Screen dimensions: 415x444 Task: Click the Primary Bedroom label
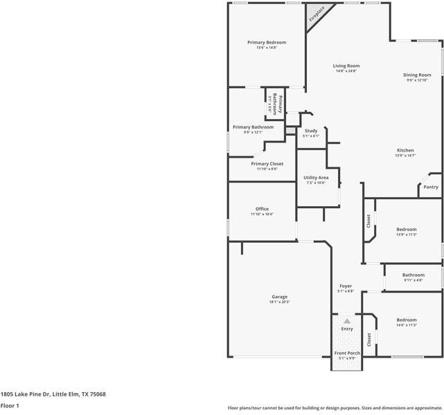[267, 42]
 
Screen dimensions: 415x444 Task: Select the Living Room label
[346, 66]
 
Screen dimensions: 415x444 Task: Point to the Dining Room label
[417, 75]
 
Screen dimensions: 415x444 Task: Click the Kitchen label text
[405, 150]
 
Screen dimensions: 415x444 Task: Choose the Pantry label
[431, 187]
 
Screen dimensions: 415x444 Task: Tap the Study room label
[311, 131]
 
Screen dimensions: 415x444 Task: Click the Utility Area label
[316, 178]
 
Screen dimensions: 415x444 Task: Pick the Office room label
[262, 209]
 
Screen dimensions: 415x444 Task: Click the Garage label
[279, 297]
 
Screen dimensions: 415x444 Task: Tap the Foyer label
[345, 286]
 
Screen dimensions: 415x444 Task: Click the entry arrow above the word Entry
[347, 321]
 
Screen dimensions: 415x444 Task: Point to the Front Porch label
[347, 353]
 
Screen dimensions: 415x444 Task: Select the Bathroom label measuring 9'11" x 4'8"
[413, 275]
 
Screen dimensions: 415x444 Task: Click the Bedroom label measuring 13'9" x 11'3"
[407, 229]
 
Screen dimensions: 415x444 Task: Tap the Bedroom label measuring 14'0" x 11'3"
[407, 320]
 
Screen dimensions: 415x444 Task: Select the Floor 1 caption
[10, 406]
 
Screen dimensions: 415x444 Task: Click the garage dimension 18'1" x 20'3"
[279, 302]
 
